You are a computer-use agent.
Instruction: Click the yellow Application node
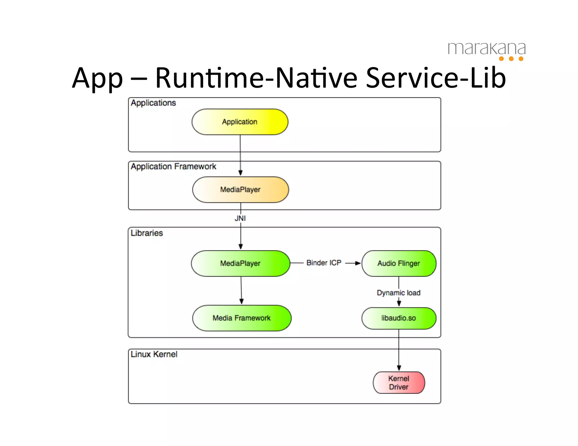(x=240, y=122)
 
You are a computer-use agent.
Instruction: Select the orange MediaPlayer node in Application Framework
(x=240, y=189)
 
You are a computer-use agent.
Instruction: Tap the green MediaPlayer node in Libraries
(x=240, y=263)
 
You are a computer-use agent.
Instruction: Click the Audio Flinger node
(x=399, y=263)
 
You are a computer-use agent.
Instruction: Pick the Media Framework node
(x=242, y=318)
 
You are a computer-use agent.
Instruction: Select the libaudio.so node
(x=399, y=318)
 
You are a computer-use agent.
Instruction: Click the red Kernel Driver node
(x=399, y=383)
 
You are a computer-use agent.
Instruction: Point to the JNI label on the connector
(x=240, y=218)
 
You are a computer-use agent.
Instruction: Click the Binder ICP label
(x=324, y=263)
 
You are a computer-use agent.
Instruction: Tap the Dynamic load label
(x=399, y=293)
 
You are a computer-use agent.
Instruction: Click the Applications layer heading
(x=153, y=103)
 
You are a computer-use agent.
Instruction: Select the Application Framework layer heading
(x=173, y=166)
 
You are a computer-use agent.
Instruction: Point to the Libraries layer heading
(x=147, y=233)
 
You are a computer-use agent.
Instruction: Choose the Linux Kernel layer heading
(x=154, y=354)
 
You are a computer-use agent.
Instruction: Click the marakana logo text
(x=487, y=48)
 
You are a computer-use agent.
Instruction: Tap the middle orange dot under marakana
(x=511, y=59)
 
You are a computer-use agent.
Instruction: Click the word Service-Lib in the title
(x=436, y=78)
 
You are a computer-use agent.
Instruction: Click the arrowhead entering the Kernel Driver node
(x=399, y=368)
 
